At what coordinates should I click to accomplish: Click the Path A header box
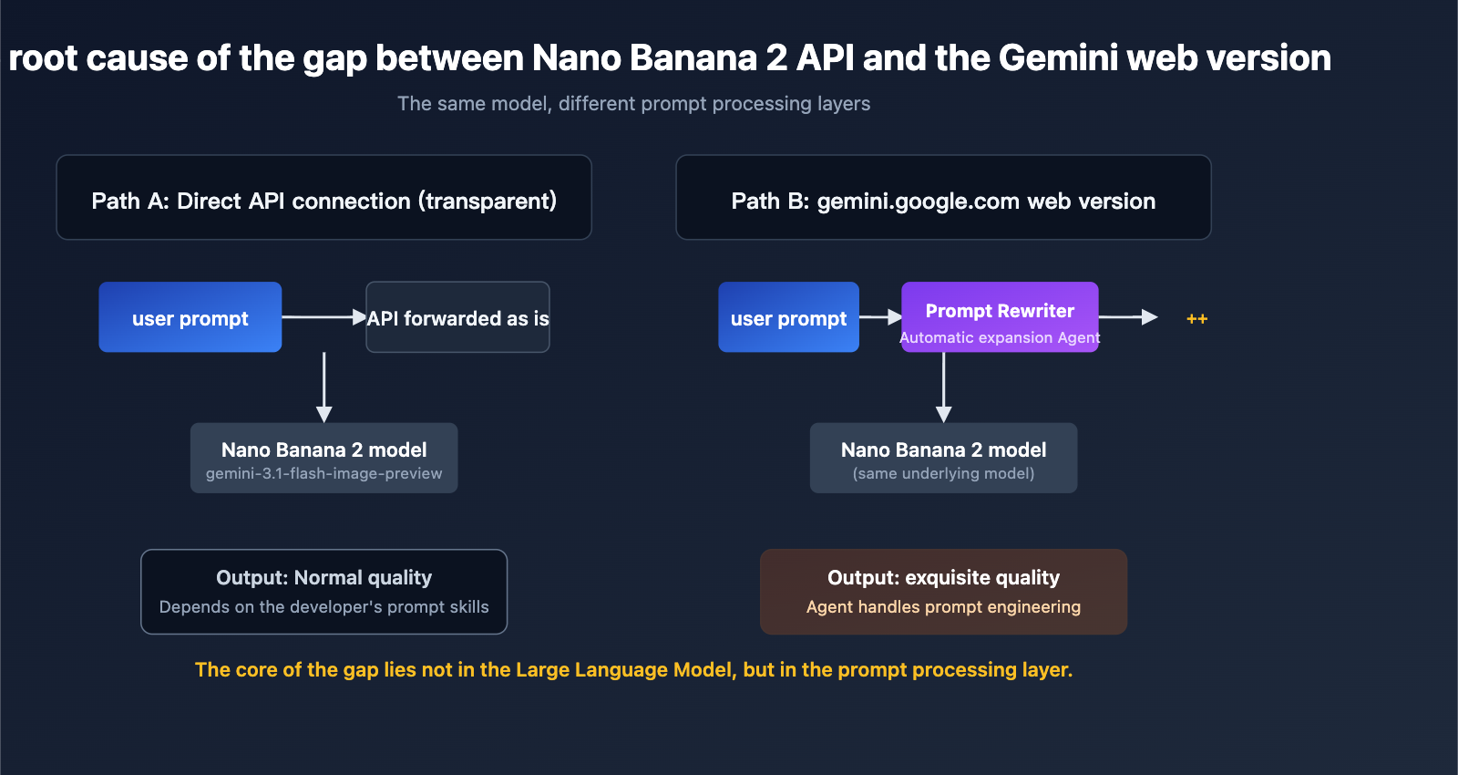click(323, 198)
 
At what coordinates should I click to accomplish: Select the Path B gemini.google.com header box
click(943, 198)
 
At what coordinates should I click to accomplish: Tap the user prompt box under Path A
click(190, 317)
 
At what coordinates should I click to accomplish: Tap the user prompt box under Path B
click(788, 317)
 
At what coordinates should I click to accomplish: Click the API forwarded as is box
click(457, 317)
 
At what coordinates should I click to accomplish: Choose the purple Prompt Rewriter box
click(1000, 316)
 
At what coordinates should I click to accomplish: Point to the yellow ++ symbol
click(1196, 318)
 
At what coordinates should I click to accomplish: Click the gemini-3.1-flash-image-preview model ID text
click(323, 474)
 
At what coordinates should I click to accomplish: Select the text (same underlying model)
click(943, 474)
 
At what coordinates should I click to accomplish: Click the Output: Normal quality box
click(323, 592)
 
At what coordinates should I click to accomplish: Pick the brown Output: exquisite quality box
click(943, 592)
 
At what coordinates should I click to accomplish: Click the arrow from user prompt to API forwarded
click(323, 317)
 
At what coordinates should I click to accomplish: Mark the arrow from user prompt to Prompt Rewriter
click(880, 317)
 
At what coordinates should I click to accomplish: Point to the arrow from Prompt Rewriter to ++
click(1128, 317)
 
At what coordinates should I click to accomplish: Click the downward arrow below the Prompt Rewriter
click(944, 387)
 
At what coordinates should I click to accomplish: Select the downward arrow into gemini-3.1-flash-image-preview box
click(323, 387)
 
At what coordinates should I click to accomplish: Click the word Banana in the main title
click(693, 58)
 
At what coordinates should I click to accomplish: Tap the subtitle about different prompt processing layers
click(633, 104)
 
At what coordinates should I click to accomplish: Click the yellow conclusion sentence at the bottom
click(633, 670)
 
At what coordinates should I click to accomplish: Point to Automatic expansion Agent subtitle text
click(1000, 338)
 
